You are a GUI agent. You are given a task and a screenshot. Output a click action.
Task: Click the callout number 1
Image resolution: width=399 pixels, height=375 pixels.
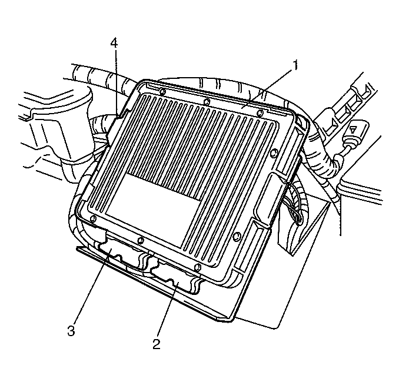click(295, 65)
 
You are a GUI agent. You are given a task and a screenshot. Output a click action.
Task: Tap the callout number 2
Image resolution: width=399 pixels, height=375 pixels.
click(156, 344)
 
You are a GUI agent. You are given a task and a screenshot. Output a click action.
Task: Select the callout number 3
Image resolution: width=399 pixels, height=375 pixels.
click(71, 331)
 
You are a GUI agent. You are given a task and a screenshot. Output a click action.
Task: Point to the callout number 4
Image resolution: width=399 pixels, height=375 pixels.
click(114, 43)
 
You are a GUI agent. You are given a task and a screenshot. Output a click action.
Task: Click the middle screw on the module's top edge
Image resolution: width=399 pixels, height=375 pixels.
click(207, 102)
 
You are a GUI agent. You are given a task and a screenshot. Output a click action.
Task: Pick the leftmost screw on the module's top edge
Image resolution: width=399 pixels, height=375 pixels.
click(163, 91)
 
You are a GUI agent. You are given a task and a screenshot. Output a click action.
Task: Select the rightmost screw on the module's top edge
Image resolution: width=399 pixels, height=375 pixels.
click(260, 113)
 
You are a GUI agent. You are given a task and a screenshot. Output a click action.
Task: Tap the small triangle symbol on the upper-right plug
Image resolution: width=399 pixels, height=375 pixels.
click(353, 130)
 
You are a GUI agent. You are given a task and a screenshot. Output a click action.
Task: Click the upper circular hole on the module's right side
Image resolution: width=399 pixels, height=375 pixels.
click(274, 152)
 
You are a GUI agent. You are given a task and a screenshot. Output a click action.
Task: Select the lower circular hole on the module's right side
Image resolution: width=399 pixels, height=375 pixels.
click(237, 236)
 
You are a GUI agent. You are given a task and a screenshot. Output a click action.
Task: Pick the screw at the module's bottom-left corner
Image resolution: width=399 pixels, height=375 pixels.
click(94, 218)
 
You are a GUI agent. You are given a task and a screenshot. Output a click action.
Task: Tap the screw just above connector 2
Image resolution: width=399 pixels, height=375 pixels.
click(197, 267)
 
